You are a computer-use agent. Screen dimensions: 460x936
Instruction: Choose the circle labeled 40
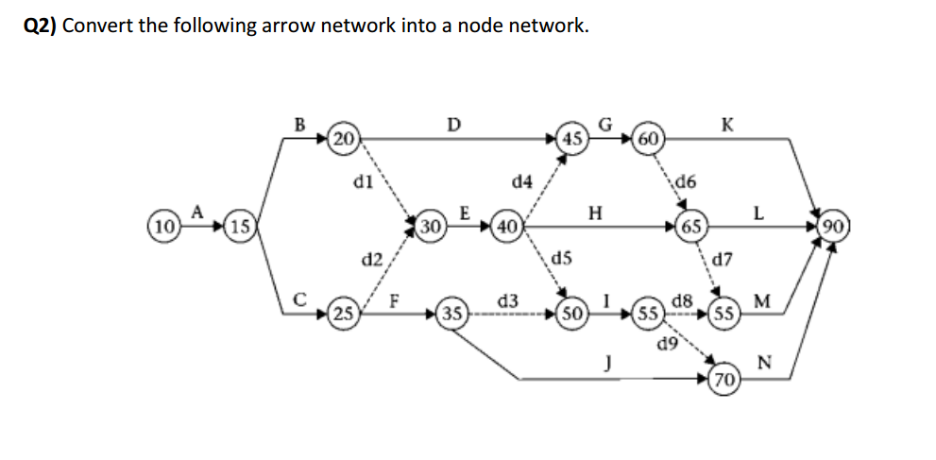click(x=506, y=227)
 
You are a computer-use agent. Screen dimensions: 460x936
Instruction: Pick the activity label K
click(x=727, y=124)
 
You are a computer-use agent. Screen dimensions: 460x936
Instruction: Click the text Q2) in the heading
click(x=40, y=26)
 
